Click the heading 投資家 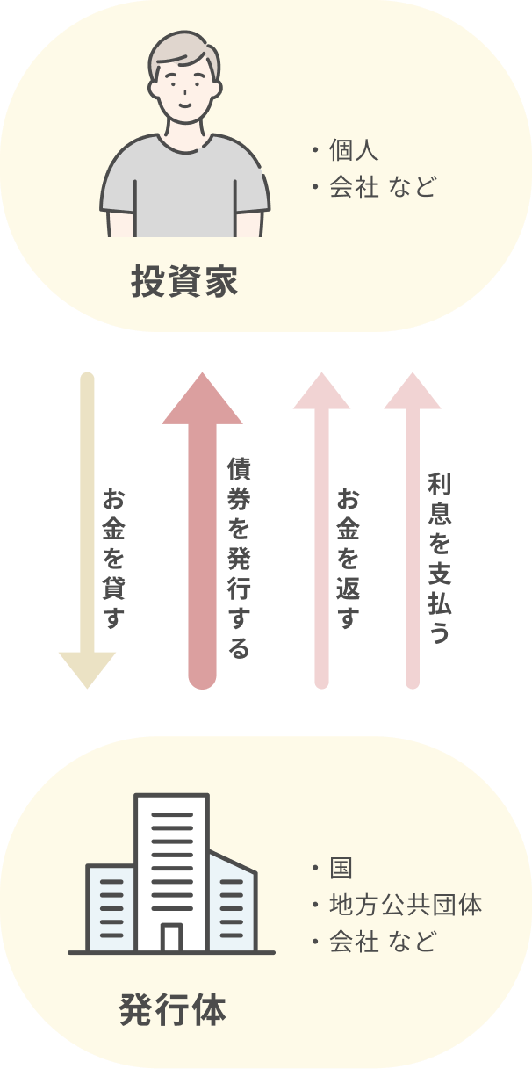coord(184,283)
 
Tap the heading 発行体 coord(172,1010)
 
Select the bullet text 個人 coord(354,150)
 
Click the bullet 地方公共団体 coord(406,905)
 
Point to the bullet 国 coord(341,868)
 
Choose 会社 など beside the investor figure coord(382,187)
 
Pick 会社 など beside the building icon coord(382,943)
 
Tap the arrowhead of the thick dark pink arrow coord(202,400)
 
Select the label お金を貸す coord(113,559)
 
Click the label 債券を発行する coord(238,557)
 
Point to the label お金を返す coord(349,559)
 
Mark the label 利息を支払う coord(439,559)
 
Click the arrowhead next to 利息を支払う coord(413,392)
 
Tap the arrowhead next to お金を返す coord(321,392)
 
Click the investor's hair coord(184,53)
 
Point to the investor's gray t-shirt coord(184,189)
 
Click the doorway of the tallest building coord(172,937)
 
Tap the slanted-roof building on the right coord(232,905)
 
